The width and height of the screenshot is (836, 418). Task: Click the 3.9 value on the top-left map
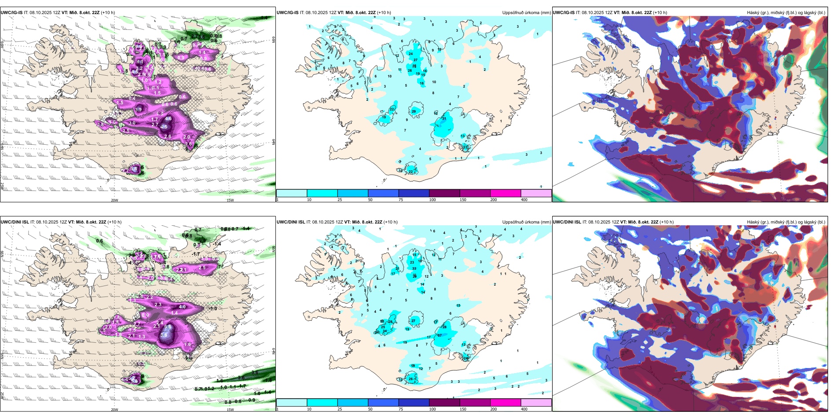pos(139,110)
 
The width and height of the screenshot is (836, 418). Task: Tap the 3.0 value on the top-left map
pos(132,123)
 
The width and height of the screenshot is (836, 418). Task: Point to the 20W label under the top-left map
pos(114,200)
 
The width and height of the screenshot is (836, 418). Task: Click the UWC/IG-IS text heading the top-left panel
pos(11,13)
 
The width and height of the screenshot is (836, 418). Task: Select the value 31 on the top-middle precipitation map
pos(444,118)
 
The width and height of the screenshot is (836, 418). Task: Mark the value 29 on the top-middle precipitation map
pos(414,111)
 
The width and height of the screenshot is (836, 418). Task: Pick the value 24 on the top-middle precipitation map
pos(411,54)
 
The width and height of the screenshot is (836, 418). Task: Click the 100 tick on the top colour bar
pos(433,200)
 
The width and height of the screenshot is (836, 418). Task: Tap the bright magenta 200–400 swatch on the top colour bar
pos(506,193)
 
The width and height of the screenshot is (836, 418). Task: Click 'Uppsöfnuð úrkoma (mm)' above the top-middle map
pos(526,13)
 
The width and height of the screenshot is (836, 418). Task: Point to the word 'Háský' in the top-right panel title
pos(753,13)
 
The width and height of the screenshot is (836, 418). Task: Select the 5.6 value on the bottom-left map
pos(164,335)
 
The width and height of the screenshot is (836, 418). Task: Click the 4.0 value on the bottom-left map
pos(182,307)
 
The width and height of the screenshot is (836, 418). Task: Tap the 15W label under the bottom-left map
pos(230,410)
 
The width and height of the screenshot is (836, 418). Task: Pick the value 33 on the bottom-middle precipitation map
pos(414,268)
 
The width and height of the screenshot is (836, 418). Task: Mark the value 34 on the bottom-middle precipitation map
pos(385,331)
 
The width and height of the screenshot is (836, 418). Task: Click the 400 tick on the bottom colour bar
pos(524,409)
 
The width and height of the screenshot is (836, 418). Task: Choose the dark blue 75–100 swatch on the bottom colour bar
pos(414,403)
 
